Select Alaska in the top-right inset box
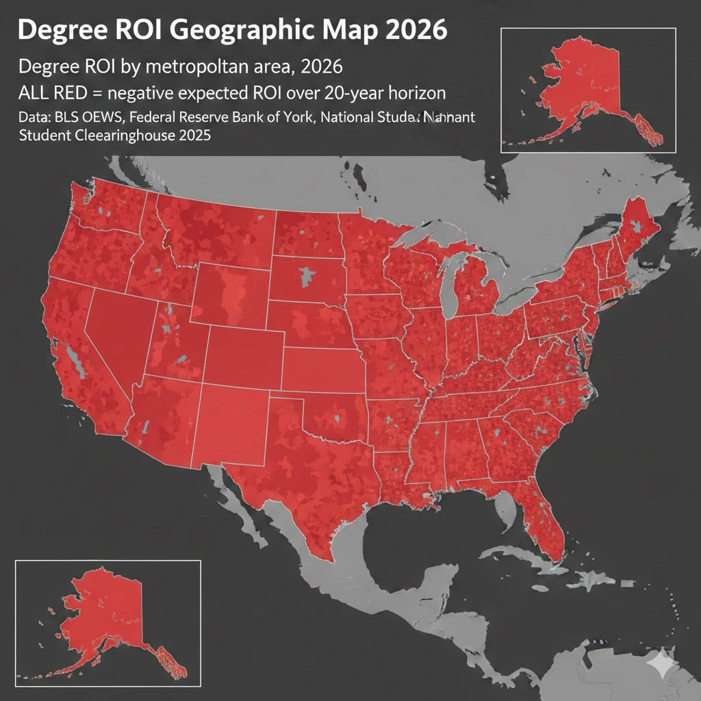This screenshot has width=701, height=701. pyautogui.click(x=589, y=82)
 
